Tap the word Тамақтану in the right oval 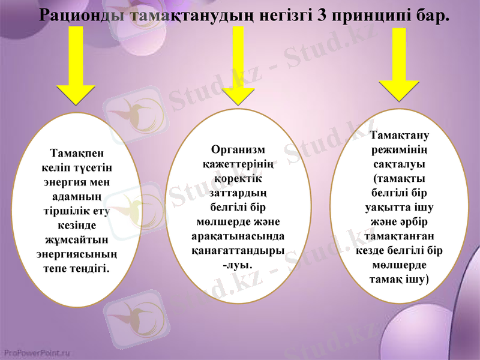coord(399,136)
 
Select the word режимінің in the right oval coord(399,150)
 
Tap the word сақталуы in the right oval coord(399,164)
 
